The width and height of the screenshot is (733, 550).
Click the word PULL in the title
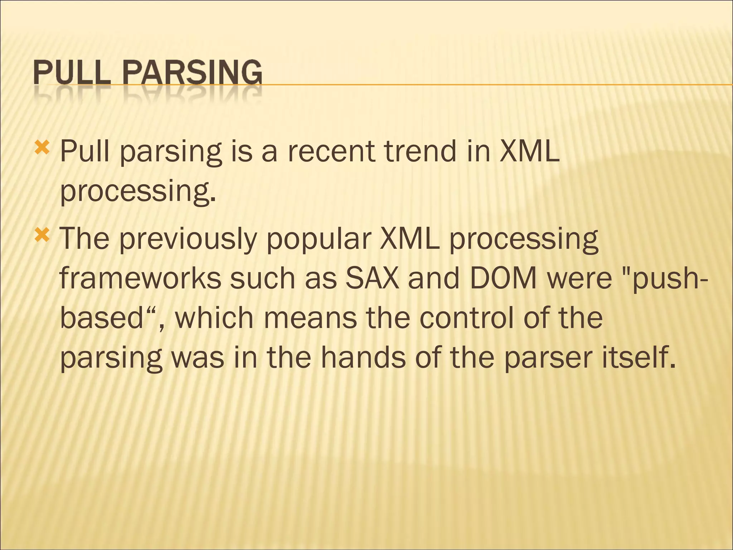click(72, 72)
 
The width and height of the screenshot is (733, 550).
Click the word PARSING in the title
click(192, 72)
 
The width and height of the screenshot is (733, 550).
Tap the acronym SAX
click(372, 279)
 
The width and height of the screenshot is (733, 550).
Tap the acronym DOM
click(503, 279)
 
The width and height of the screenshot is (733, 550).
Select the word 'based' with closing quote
click(111, 318)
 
